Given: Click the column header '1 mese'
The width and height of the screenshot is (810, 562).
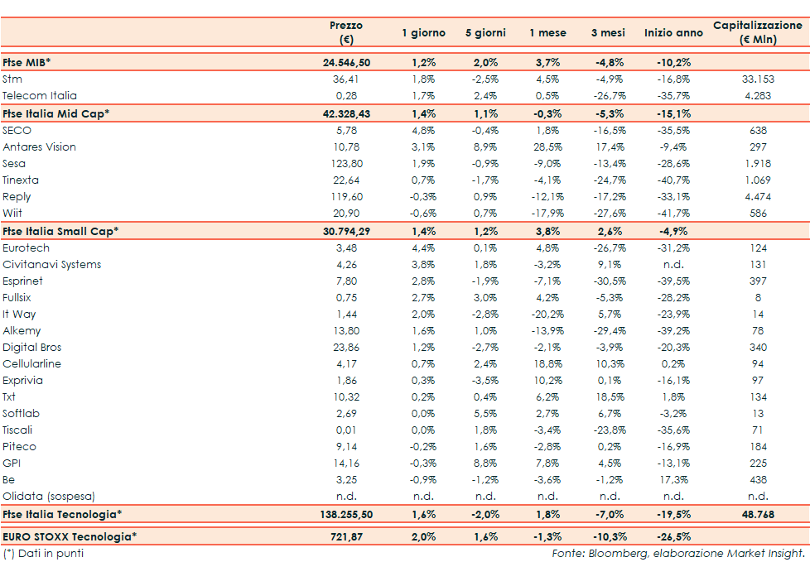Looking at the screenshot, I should tap(547, 33).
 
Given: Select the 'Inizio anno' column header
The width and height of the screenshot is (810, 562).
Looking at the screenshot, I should tap(673, 33).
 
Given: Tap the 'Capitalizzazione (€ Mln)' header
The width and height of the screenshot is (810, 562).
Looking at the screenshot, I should tap(757, 32).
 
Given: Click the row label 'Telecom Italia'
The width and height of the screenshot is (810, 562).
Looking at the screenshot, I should tap(39, 96).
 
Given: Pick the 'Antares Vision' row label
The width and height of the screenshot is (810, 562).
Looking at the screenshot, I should tap(39, 147).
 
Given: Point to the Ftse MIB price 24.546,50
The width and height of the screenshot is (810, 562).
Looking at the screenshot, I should tap(346, 62).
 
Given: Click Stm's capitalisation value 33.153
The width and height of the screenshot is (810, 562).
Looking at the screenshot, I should tap(757, 79).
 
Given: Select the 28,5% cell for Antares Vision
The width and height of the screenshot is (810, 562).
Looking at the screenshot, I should tap(547, 147).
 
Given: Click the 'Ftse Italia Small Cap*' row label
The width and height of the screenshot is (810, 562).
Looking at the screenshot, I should tap(60, 231).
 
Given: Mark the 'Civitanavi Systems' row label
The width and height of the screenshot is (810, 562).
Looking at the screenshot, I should tap(51, 265).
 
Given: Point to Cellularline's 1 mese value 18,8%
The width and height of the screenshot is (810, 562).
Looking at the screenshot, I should tap(547, 364).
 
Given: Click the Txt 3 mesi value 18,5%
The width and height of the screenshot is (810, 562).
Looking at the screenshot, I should tap(610, 397).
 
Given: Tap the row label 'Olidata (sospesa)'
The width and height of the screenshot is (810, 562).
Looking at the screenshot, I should tap(49, 497).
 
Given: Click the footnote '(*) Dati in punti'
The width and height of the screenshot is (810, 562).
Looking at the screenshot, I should tap(43, 553).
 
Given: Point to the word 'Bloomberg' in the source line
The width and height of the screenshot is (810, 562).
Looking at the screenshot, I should tap(612, 553).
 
